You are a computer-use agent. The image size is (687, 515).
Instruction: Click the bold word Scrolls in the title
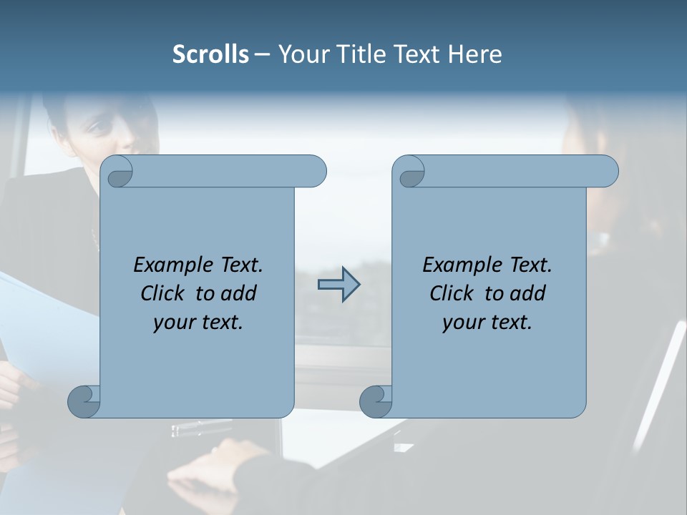[211, 54]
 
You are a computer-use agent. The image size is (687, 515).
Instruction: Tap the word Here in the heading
[475, 54]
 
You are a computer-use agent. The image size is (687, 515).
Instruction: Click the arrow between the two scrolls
[338, 285]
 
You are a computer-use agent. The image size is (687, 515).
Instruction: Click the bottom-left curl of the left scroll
[84, 401]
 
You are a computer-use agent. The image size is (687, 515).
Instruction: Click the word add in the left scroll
[239, 293]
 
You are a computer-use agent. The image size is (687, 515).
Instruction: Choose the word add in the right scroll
[528, 293]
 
